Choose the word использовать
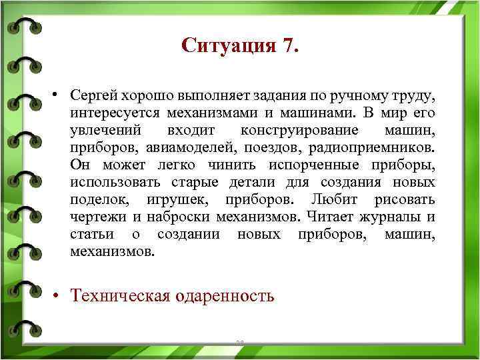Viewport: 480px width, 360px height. [x=109, y=183]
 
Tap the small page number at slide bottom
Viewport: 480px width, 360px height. [x=240, y=341]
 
